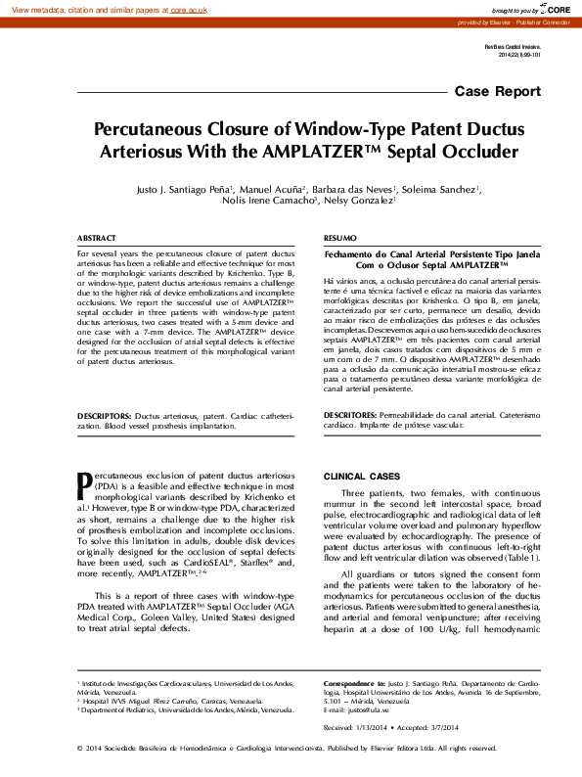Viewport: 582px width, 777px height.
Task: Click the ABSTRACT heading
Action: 97,239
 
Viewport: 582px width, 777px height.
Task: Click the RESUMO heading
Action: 339,239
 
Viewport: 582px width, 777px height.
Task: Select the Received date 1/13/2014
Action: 369,728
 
